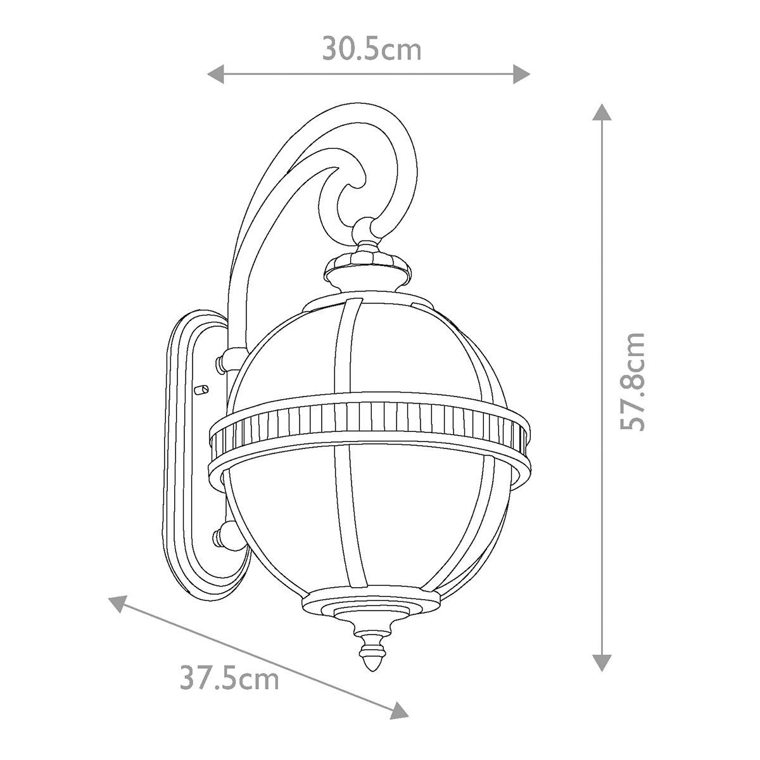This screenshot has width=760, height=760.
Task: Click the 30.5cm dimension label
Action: pos(372,49)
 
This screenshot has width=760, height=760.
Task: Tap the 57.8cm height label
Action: pos(632,382)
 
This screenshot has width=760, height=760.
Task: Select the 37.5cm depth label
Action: pos(229,680)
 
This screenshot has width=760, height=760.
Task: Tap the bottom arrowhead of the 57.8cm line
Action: pos(602,662)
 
